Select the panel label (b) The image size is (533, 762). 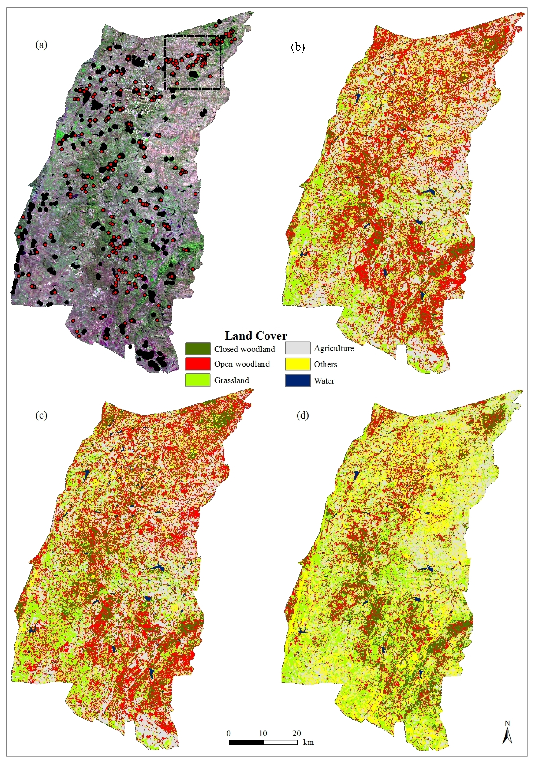click(297, 47)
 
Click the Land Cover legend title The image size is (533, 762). click(256, 336)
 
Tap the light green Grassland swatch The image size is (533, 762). click(198, 380)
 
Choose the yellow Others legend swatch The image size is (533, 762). click(297, 364)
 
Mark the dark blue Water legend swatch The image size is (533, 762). click(297, 380)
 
